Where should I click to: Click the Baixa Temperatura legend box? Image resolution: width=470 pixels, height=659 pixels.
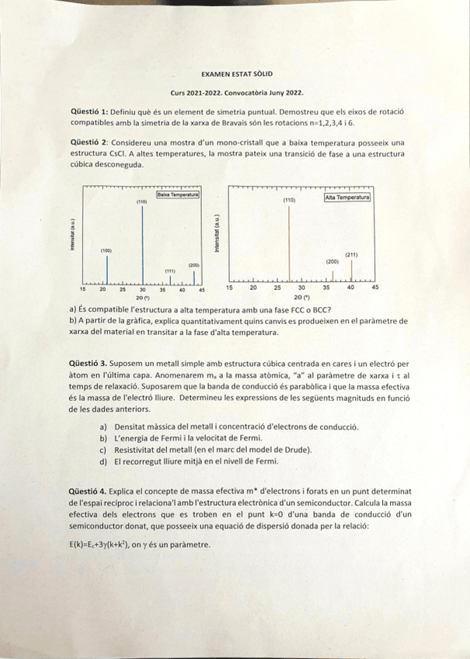(x=178, y=195)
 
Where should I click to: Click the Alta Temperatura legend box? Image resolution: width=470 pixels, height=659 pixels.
(x=346, y=197)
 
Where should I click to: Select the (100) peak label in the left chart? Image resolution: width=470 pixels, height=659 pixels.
(x=106, y=250)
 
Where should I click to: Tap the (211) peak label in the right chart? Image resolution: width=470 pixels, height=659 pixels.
(x=351, y=254)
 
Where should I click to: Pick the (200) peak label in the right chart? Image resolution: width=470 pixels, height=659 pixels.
(x=332, y=262)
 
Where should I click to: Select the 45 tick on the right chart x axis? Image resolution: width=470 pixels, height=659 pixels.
(x=374, y=288)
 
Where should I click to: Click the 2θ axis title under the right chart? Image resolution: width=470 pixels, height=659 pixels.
(x=301, y=298)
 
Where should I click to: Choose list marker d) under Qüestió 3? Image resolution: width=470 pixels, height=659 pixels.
(x=104, y=461)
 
